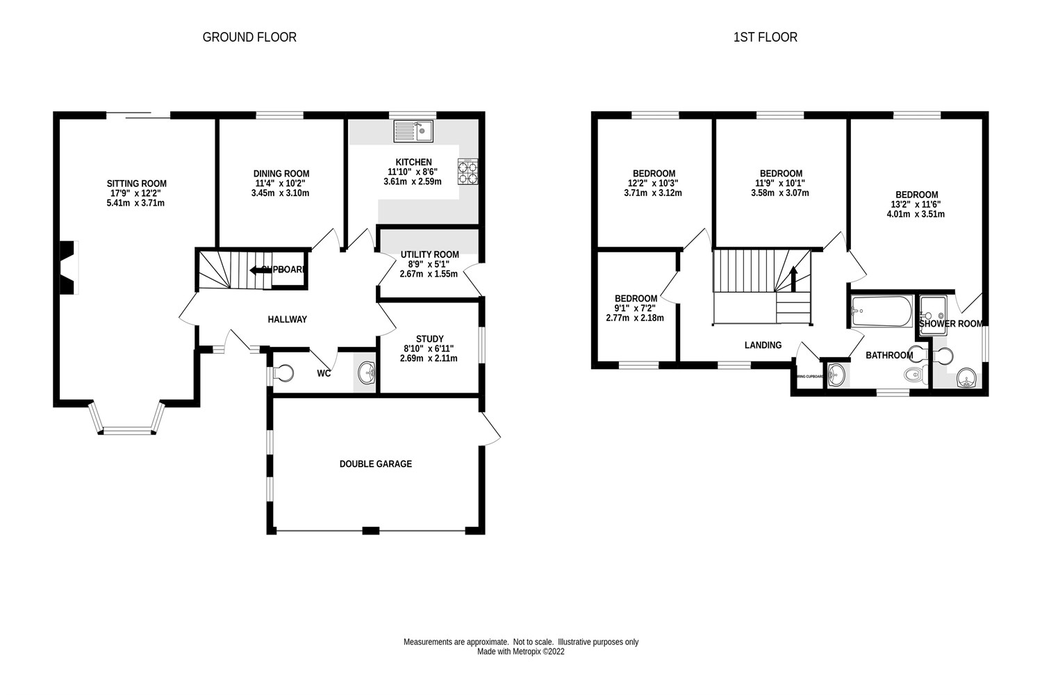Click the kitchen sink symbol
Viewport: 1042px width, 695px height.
(x=413, y=131)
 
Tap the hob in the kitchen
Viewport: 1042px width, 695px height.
(x=468, y=172)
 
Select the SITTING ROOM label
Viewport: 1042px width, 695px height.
(x=136, y=183)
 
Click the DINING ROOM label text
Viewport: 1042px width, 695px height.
(x=281, y=174)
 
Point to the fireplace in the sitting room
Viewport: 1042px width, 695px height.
(x=67, y=268)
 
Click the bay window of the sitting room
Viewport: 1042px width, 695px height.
(x=128, y=425)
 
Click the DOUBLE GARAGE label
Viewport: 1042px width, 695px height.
(x=375, y=464)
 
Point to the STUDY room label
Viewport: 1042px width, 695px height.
(x=429, y=339)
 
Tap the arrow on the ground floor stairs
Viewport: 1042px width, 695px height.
(x=259, y=270)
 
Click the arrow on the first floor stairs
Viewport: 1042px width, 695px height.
(x=794, y=277)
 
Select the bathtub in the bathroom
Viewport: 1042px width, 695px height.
(x=881, y=312)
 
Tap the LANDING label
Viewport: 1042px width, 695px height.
(x=763, y=345)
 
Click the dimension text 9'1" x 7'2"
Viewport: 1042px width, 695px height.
(x=636, y=308)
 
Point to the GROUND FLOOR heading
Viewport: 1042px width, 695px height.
(x=249, y=37)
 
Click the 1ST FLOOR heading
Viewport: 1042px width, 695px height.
(x=765, y=37)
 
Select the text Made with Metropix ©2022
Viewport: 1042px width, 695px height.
(x=521, y=652)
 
